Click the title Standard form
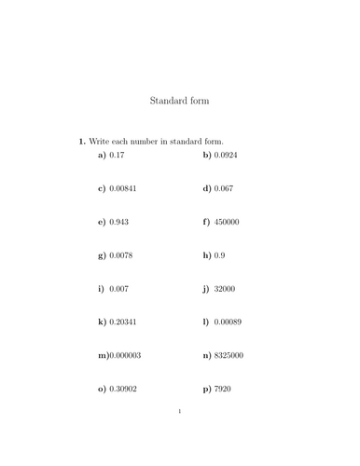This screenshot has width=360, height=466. pyautogui.click(x=179, y=101)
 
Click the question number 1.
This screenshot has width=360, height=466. pyautogui.click(x=82, y=141)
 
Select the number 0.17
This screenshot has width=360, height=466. pyautogui.click(x=118, y=155)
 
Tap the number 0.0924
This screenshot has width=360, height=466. pyautogui.click(x=225, y=155)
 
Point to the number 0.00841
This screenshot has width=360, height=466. pyautogui.click(x=123, y=188)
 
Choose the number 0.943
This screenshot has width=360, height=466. pyautogui.click(x=119, y=222)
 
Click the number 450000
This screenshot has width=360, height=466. pyautogui.click(x=227, y=222)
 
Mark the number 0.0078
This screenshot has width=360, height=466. pyautogui.click(x=121, y=255)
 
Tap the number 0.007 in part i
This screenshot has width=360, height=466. pyautogui.click(x=119, y=289)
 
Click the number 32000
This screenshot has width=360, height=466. pyautogui.click(x=225, y=289)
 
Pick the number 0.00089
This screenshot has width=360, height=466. pyautogui.click(x=228, y=322)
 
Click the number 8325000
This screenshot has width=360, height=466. pyautogui.click(x=229, y=355)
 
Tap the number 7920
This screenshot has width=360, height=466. pyautogui.click(x=222, y=389)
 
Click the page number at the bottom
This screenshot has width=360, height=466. pyautogui.click(x=179, y=411)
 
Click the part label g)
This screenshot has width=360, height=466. pyautogui.click(x=102, y=255)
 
